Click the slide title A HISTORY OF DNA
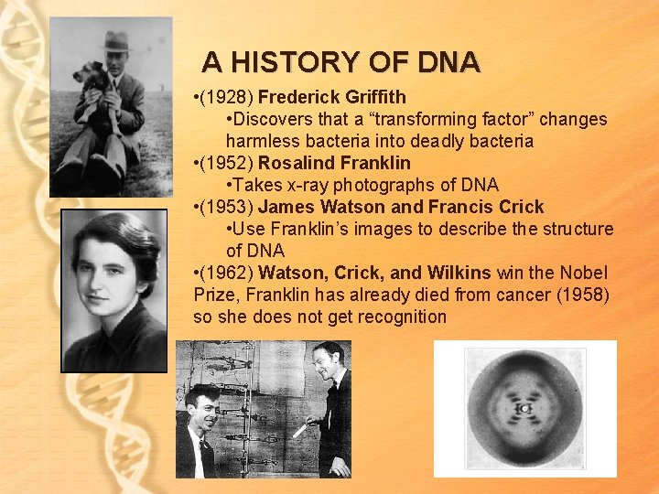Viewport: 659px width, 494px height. coord(340,62)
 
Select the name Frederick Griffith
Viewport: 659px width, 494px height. coord(332,98)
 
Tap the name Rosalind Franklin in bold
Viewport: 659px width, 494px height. coord(334,164)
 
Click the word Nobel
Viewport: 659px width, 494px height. coord(583,274)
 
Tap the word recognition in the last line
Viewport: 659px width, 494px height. coord(395,317)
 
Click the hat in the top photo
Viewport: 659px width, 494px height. coord(115,41)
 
